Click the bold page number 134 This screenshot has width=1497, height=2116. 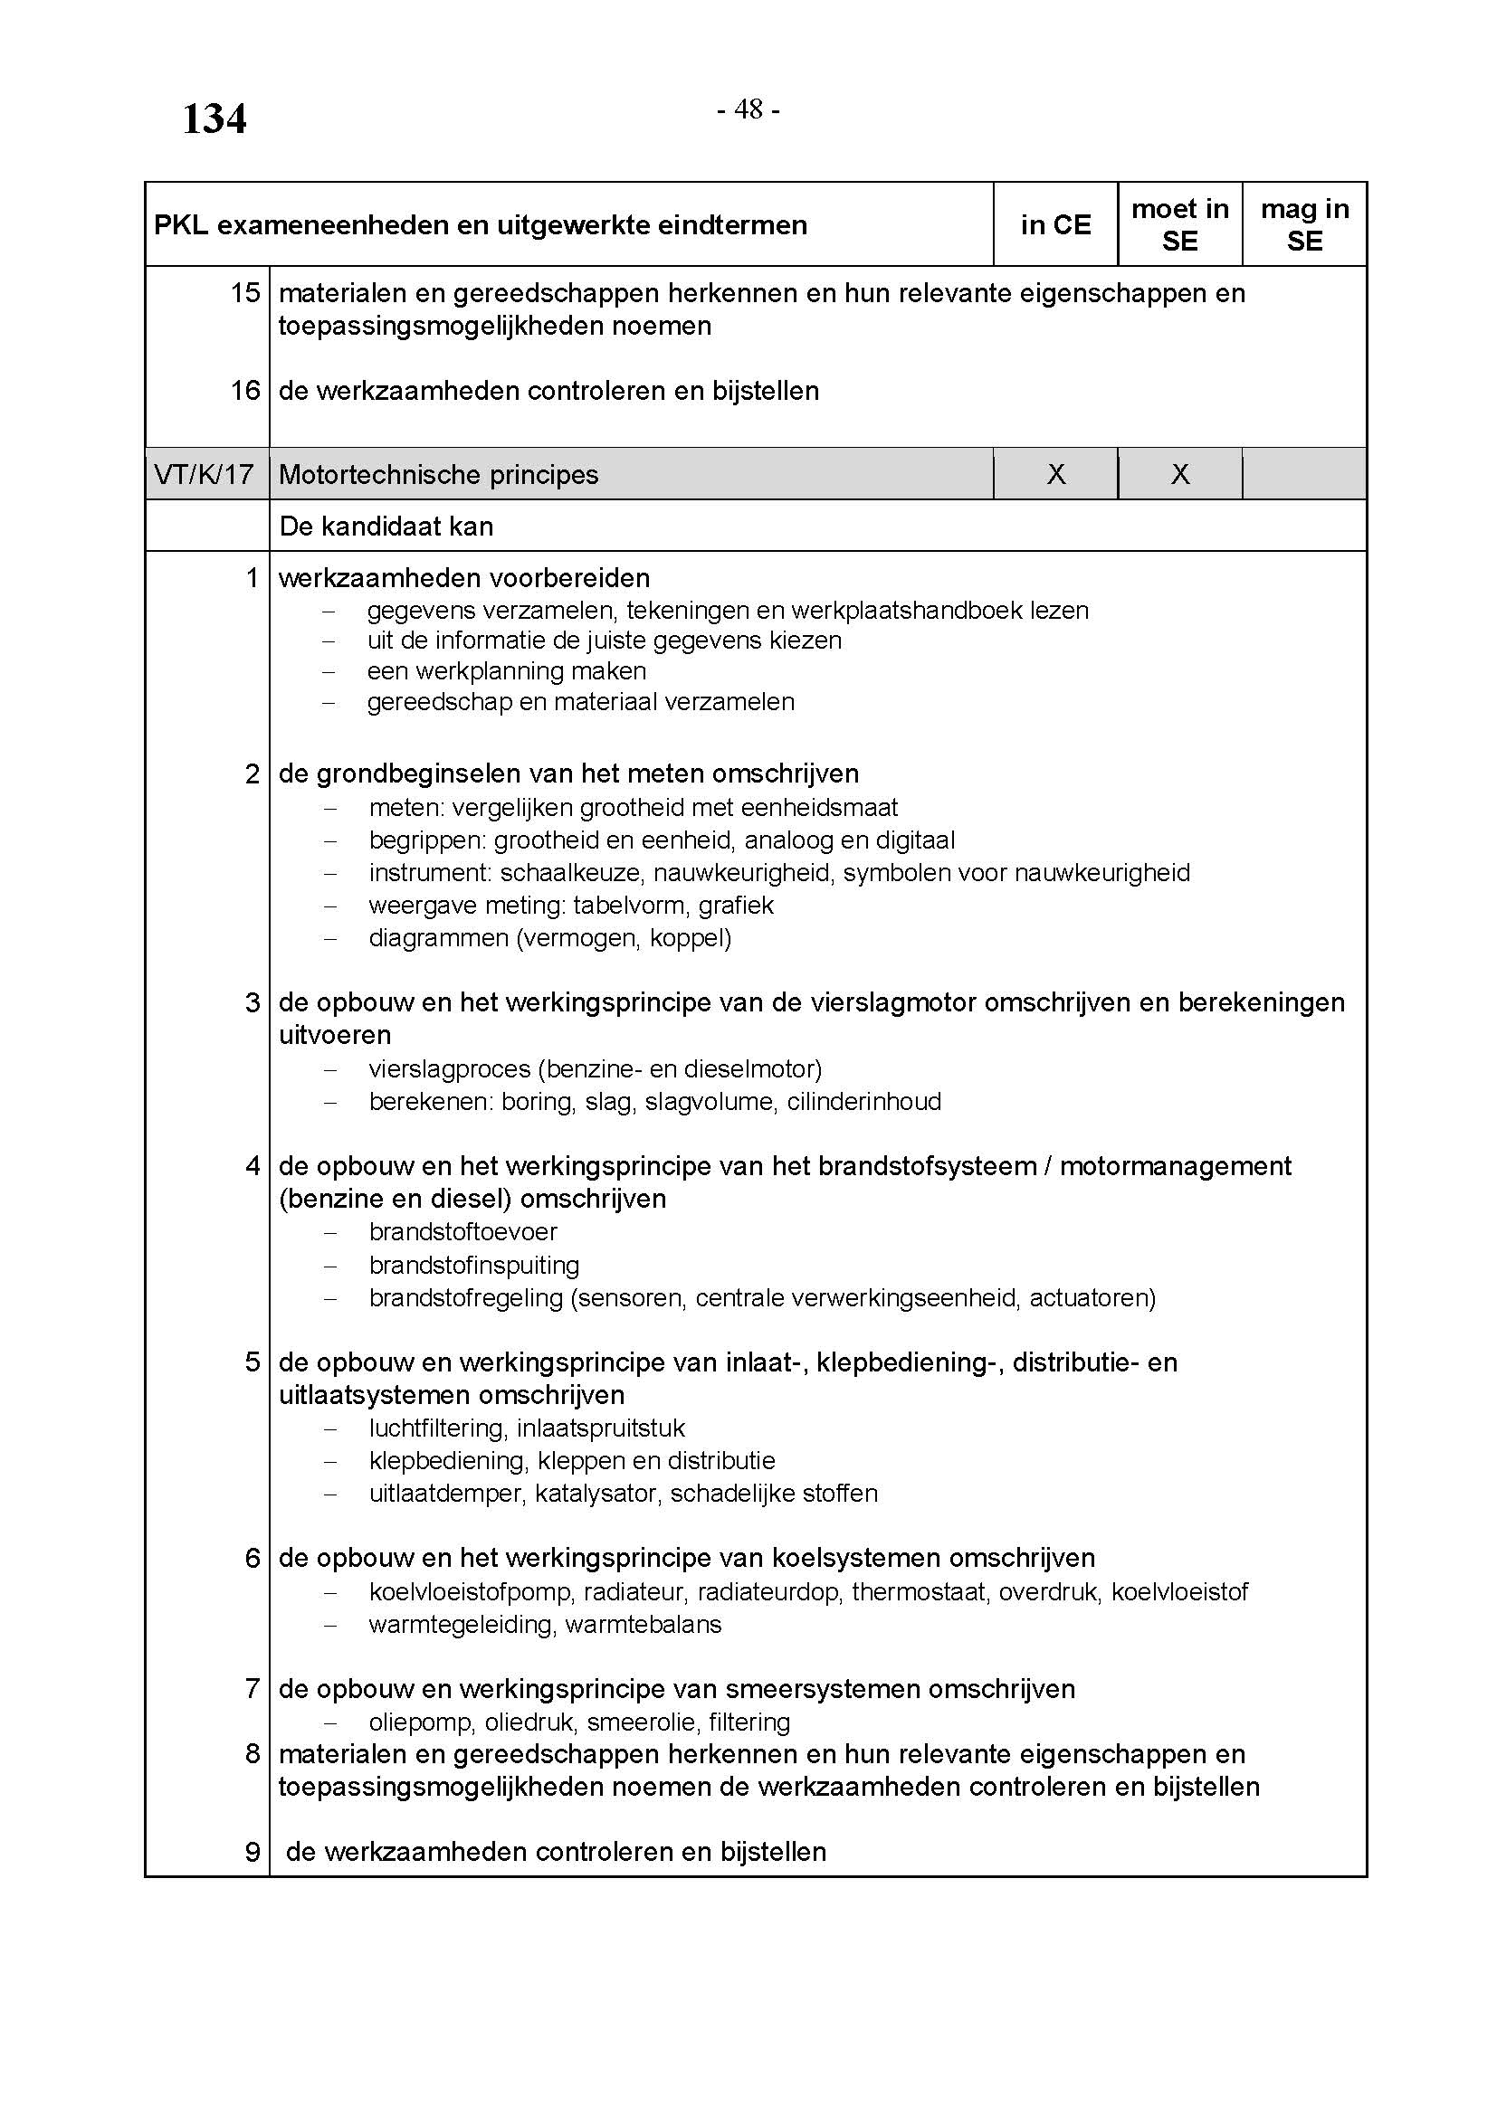point(214,119)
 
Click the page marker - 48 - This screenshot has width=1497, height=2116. point(748,109)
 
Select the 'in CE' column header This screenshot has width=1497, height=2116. point(1055,225)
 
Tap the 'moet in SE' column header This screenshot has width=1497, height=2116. point(1180,225)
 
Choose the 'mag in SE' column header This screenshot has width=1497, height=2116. point(1304,225)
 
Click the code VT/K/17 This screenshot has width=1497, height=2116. point(204,475)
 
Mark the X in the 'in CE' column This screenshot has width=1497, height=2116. point(1056,475)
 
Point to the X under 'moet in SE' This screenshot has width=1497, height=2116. point(1180,475)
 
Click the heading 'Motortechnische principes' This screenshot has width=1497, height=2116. point(439,475)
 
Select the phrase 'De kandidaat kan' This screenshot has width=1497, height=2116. point(386,527)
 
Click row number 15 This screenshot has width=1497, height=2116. point(245,293)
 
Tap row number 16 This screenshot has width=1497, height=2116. point(245,391)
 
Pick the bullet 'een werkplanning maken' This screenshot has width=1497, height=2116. point(506,671)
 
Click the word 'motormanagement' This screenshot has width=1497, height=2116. point(1176,1166)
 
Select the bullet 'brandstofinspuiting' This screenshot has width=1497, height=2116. point(473,1265)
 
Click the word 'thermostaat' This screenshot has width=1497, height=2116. point(918,1591)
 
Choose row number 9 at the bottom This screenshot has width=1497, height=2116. point(253,1852)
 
